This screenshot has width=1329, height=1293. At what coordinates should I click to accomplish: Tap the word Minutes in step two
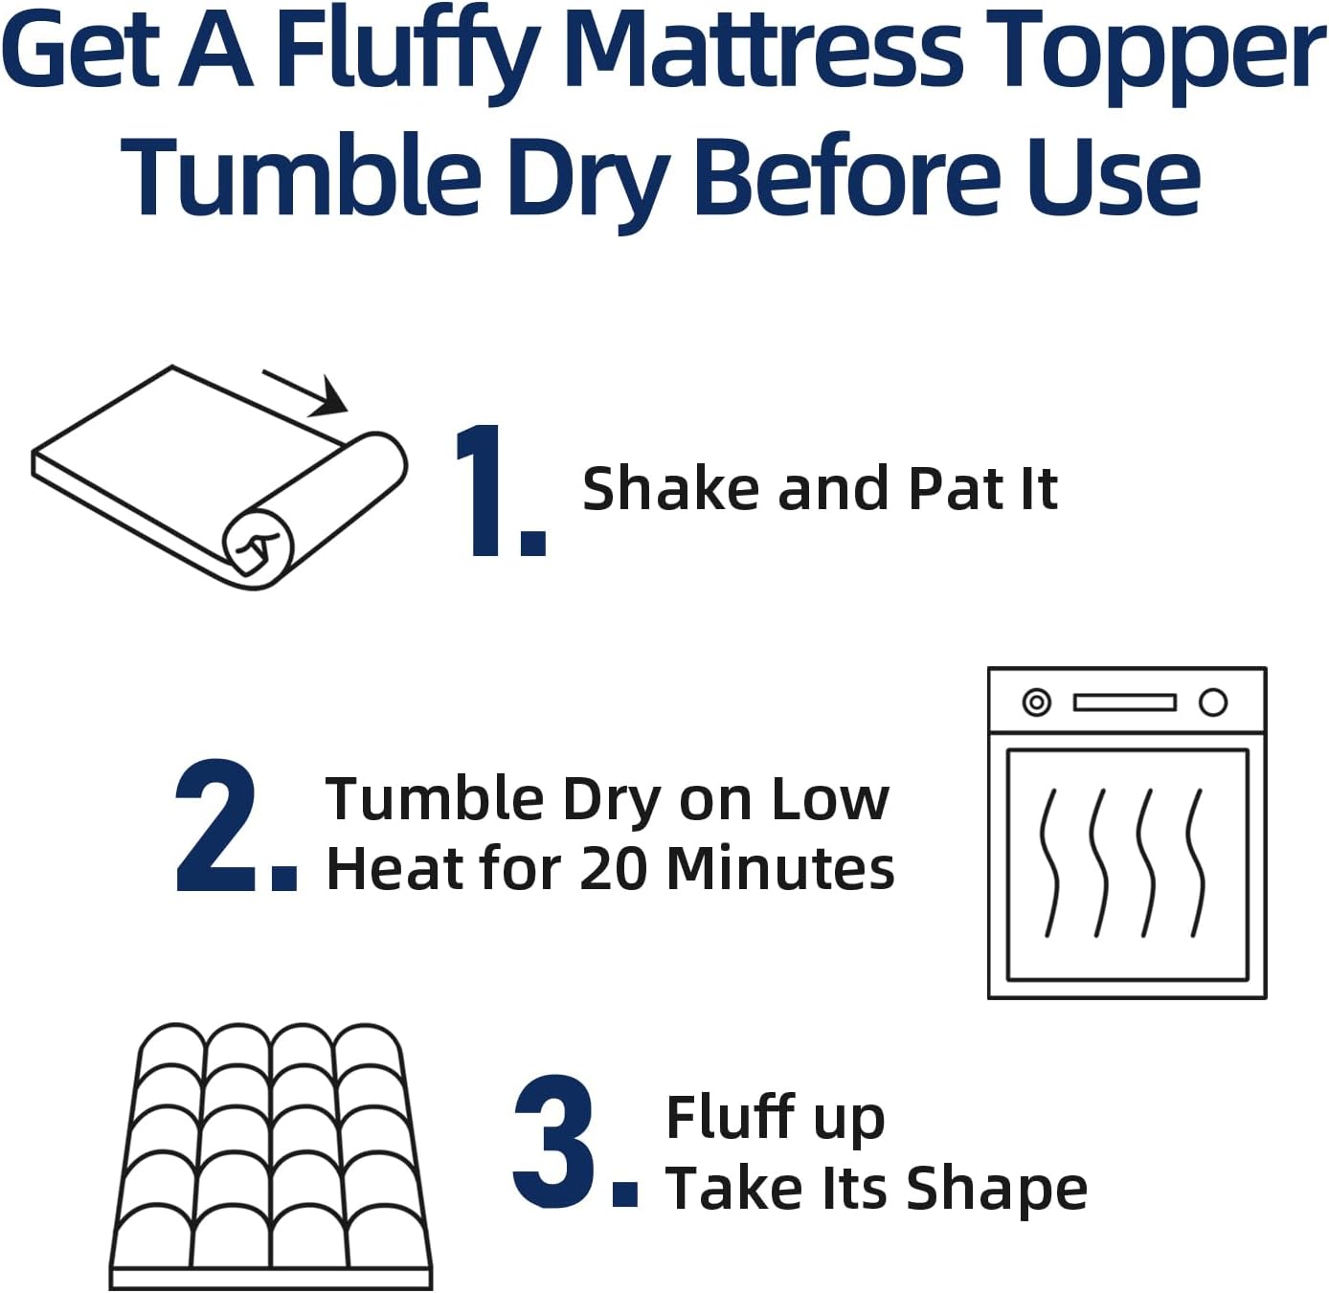point(780,868)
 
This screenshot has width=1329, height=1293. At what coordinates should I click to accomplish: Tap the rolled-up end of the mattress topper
point(257,546)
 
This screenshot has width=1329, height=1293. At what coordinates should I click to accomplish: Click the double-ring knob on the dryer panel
point(1036,702)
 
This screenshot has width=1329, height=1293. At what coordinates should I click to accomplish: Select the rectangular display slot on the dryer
point(1124,702)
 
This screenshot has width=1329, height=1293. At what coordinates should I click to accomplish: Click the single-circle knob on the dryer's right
point(1213,702)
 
